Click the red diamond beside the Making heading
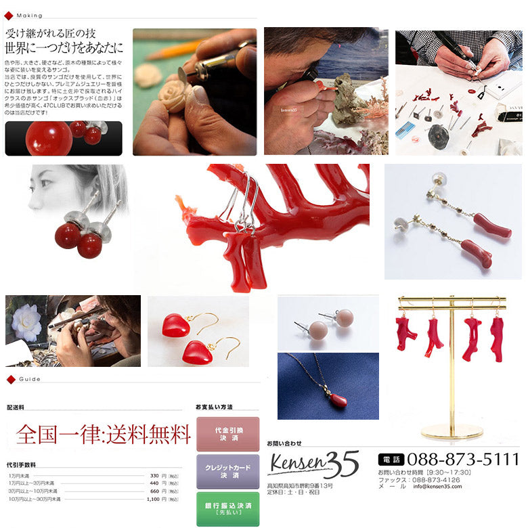coord(9,15)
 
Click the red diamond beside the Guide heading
coord(9,378)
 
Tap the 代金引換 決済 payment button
coord(227,434)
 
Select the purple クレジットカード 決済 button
coord(227,471)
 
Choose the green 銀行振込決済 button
coord(227,508)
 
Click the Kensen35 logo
coord(313,464)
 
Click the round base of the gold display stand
coord(452,431)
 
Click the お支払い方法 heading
coord(214,407)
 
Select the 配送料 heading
coord(16,408)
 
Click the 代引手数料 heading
coord(21,465)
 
